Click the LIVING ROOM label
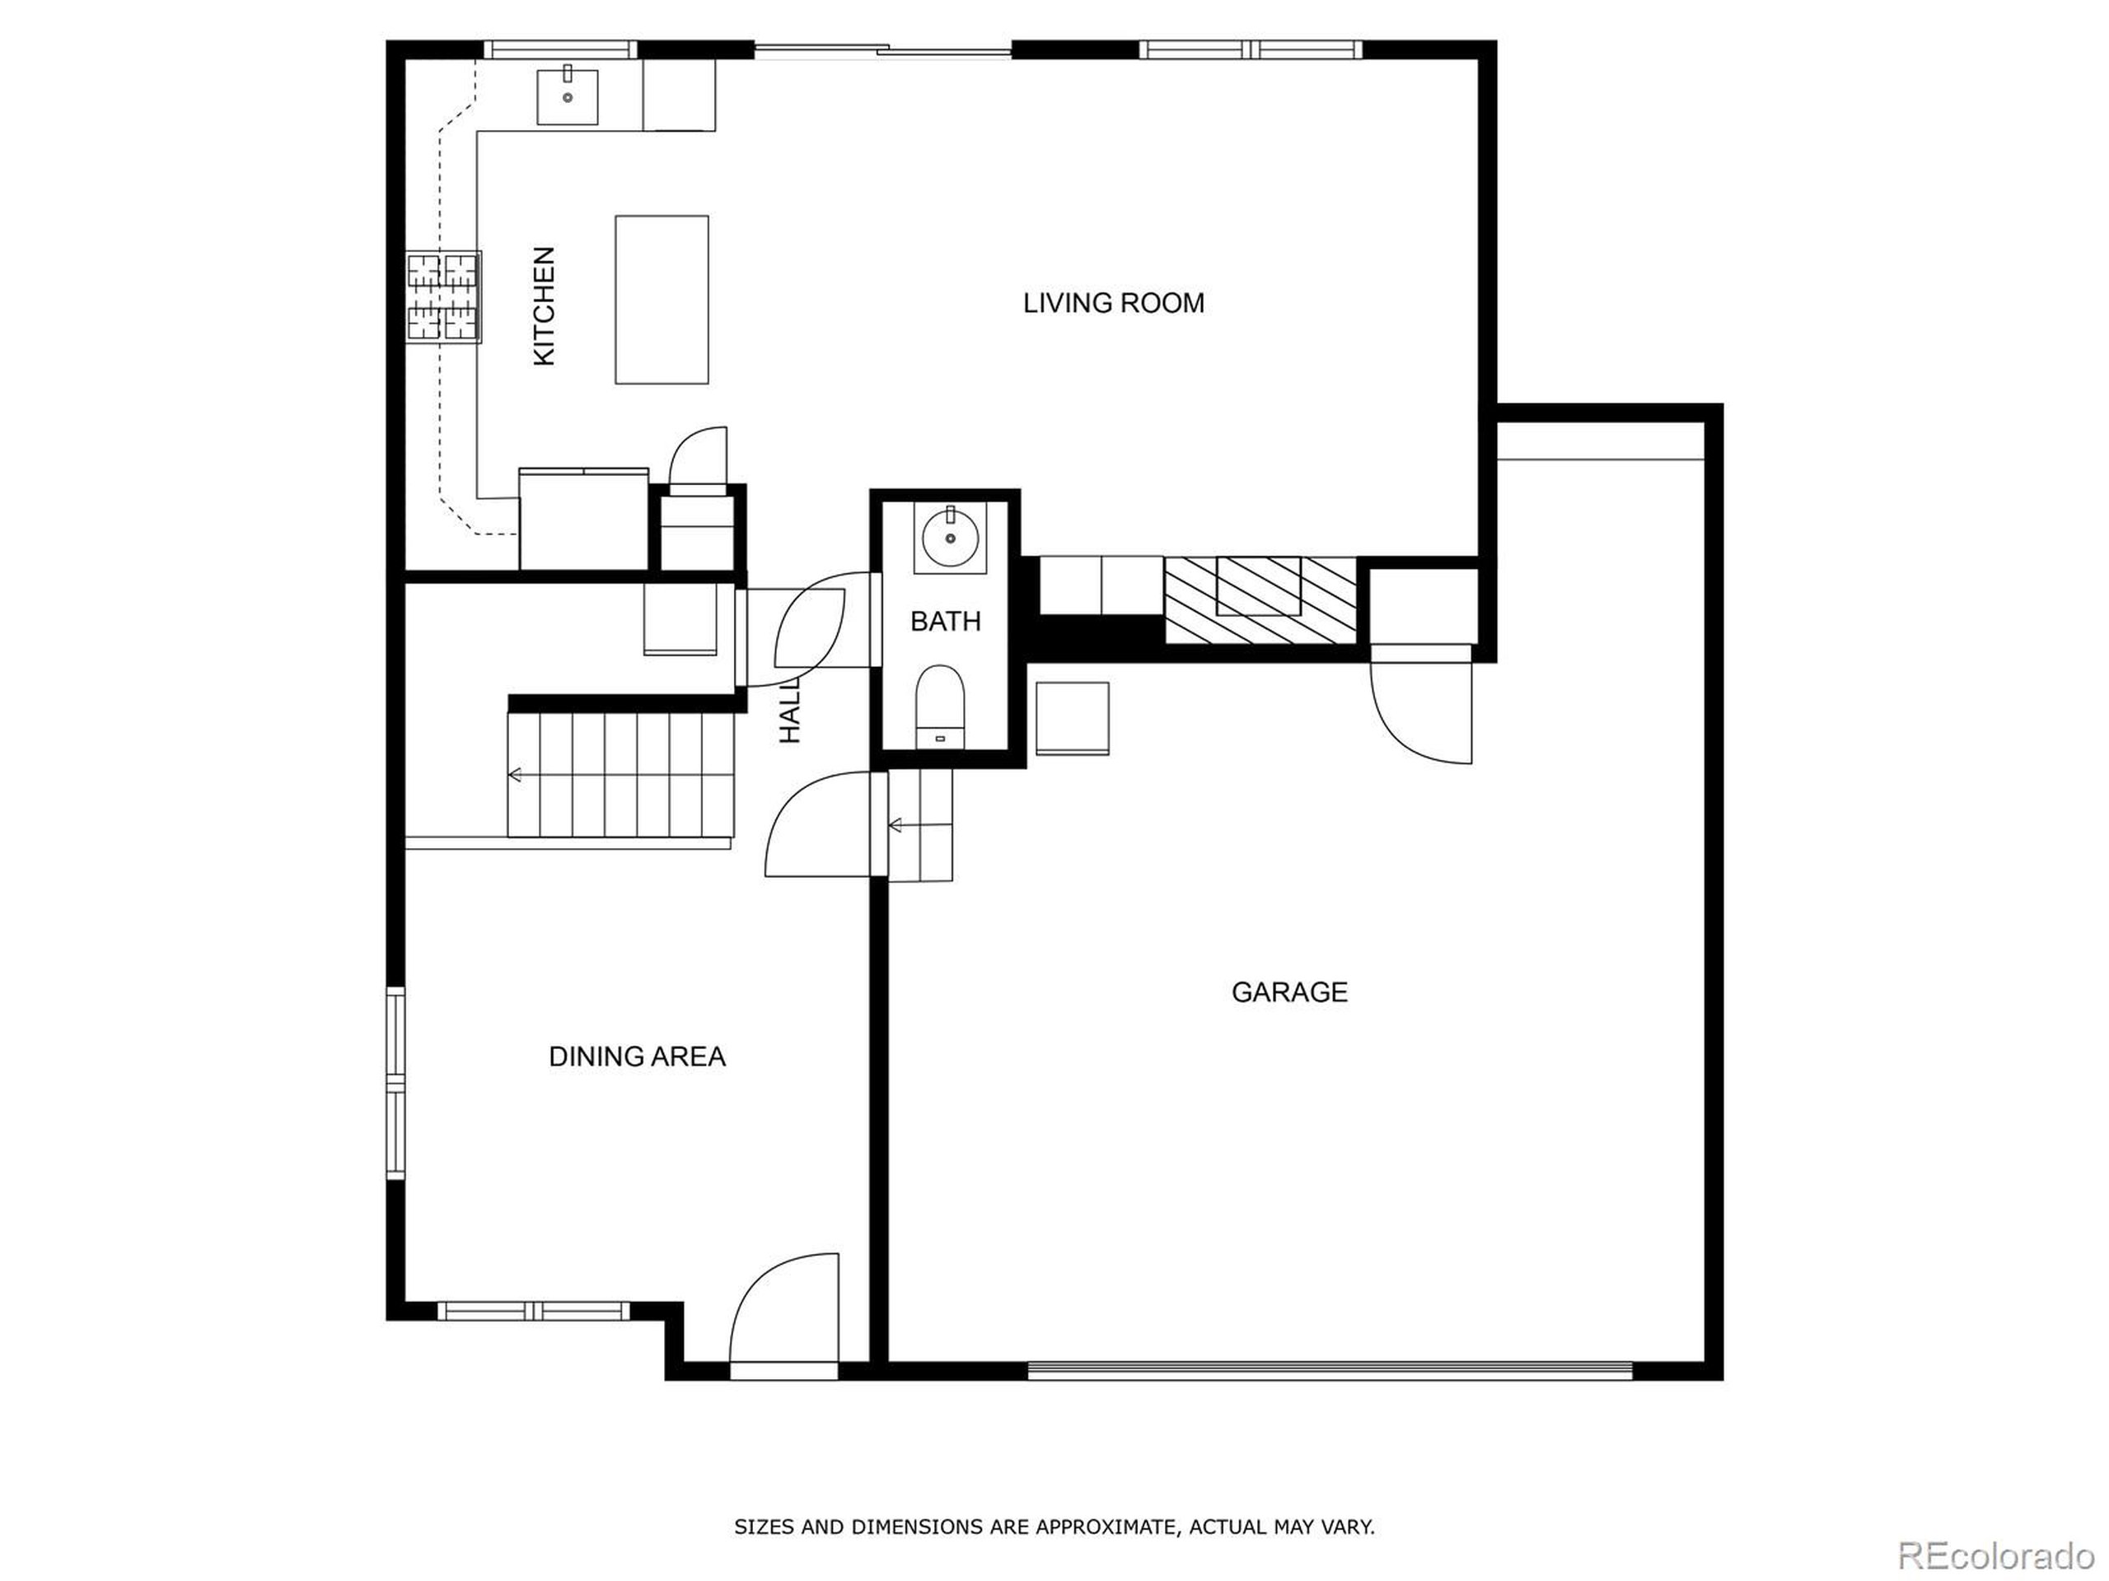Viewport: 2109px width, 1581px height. click(x=1113, y=303)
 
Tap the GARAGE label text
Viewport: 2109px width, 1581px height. click(x=1289, y=992)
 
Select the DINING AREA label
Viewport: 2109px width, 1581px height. click(x=637, y=1056)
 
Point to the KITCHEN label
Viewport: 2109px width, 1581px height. click(x=544, y=306)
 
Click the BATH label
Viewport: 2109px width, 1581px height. click(x=945, y=622)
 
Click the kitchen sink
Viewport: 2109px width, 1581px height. click(x=568, y=97)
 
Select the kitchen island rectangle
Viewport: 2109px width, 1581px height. click(x=661, y=299)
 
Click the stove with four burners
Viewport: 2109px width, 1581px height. click(x=444, y=296)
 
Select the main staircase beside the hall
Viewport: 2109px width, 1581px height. click(x=620, y=775)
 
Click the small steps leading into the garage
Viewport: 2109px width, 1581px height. click(x=921, y=824)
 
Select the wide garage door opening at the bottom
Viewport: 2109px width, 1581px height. click(x=1330, y=1370)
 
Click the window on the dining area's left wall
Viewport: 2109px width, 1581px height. click(x=395, y=1084)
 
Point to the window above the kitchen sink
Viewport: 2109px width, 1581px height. click(x=559, y=49)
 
